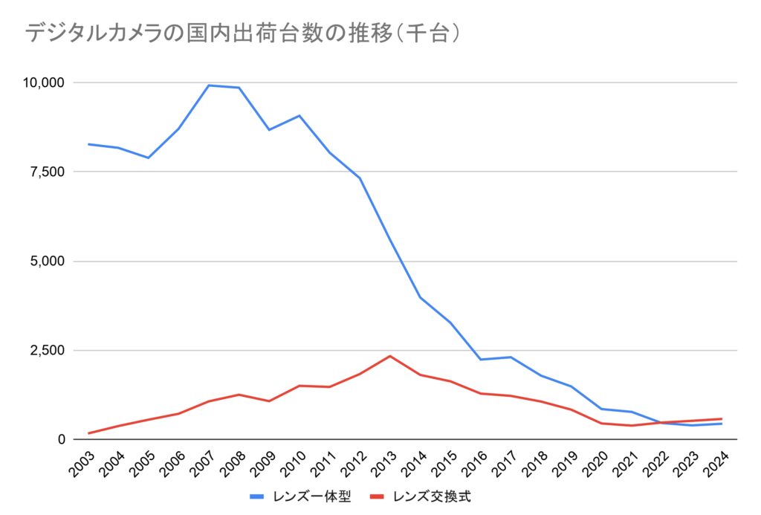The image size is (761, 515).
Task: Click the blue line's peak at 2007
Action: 209,85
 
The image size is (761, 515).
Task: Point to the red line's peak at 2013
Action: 390,356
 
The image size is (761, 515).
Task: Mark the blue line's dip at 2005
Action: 149,158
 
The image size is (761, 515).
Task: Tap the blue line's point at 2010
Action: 299,115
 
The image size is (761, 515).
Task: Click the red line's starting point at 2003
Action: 88,433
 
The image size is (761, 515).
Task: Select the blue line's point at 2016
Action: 481,360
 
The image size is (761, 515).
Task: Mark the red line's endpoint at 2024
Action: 722,418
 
